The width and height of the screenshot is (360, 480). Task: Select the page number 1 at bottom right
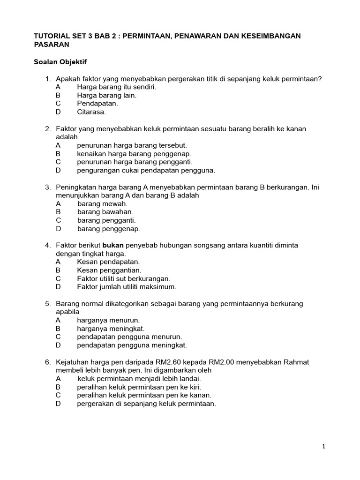click(x=323, y=446)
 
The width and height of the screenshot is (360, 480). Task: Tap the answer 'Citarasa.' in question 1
click(x=91, y=112)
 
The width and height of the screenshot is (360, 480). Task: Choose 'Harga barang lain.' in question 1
click(x=107, y=95)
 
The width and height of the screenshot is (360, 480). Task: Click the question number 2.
click(x=48, y=128)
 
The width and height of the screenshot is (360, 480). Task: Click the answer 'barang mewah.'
click(x=102, y=203)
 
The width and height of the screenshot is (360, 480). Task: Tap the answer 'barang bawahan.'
click(x=105, y=212)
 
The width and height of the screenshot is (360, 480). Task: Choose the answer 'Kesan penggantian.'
click(x=109, y=270)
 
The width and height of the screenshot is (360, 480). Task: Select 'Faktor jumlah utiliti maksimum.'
click(x=127, y=287)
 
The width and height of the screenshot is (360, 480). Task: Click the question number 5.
click(x=48, y=304)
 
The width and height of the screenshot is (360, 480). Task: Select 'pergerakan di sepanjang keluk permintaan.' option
click(x=146, y=404)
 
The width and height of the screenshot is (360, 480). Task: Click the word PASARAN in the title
click(x=52, y=45)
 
